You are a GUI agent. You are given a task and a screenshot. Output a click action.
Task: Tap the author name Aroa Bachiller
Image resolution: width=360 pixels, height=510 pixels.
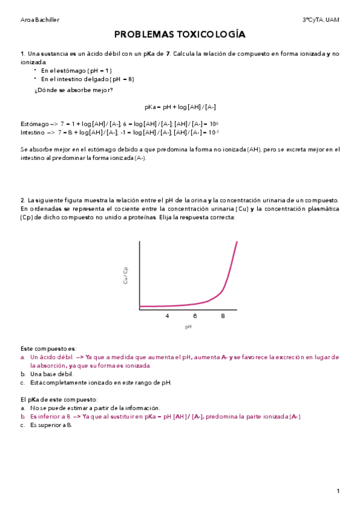(40, 20)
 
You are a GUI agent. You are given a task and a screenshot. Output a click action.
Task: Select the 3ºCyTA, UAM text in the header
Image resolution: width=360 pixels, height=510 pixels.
(321, 20)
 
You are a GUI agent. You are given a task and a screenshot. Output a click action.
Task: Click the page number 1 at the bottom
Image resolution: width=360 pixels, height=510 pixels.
(338, 491)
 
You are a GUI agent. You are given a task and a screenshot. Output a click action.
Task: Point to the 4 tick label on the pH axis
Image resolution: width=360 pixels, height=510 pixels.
(167, 316)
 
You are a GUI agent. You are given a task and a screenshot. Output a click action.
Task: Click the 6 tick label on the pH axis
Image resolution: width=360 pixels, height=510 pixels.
(195, 316)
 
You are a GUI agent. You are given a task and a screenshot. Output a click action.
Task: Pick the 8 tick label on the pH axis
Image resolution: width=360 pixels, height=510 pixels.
(223, 316)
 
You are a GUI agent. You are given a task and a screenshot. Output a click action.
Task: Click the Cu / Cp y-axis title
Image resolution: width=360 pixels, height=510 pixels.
(126, 275)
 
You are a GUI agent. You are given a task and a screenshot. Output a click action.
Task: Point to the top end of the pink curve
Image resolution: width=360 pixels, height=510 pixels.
(237, 242)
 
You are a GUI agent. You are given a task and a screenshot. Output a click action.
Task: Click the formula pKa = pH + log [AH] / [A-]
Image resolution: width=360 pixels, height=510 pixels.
(180, 106)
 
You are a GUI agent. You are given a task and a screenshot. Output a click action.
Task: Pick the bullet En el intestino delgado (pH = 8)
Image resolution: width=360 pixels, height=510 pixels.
(88, 79)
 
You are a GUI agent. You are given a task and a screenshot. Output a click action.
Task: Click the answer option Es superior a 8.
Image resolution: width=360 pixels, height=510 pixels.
(50, 425)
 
